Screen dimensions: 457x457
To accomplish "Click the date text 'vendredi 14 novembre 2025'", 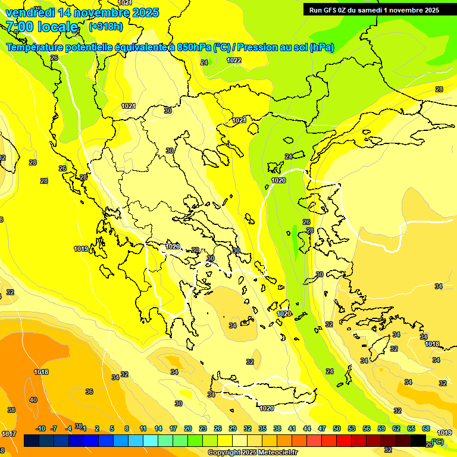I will (82, 12).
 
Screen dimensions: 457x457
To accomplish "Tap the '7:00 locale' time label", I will (42, 27).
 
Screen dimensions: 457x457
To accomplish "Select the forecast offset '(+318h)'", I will (106, 27).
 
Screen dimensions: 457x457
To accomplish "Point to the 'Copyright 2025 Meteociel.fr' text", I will (252, 452).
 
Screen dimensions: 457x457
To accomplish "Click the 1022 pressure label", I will (234, 60).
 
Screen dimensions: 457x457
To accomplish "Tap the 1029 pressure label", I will (173, 246).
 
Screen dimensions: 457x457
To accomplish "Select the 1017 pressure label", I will (8, 434).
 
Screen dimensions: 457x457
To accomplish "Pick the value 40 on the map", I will (33, 400).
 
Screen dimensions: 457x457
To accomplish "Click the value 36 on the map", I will (89, 392).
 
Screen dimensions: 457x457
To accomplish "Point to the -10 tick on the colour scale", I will (40, 428).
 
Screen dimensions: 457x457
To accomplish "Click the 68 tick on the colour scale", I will (426, 428).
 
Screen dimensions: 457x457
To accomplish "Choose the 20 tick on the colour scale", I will (188, 428).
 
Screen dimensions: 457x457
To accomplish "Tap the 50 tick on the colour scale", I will (337, 428).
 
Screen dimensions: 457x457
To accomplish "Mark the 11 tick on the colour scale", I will (143, 428).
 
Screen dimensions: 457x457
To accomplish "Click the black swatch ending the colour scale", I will (418, 440).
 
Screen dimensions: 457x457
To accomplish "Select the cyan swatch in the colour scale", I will (151, 440).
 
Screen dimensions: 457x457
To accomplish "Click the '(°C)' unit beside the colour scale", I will (437, 442).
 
